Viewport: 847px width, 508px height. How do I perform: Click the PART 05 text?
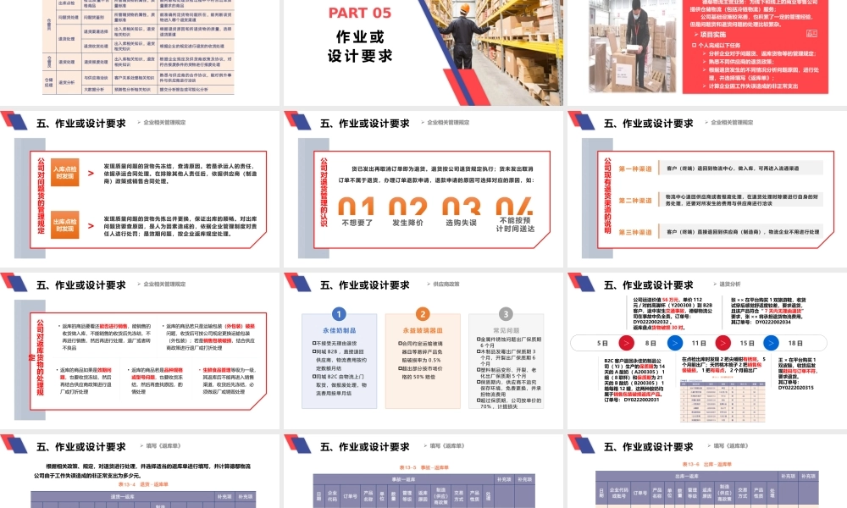click(x=359, y=12)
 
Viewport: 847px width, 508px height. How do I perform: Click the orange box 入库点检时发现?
click(x=65, y=174)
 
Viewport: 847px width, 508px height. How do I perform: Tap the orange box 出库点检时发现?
click(x=65, y=224)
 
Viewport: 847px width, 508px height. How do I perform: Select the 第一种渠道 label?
click(x=635, y=168)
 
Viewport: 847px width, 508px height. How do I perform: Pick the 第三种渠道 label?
click(x=635, y=231)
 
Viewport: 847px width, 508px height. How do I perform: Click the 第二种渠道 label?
click(x=635, y=200)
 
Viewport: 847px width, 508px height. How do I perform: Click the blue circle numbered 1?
click(x=339, y=313)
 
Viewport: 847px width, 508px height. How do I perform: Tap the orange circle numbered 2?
click(x=423, y=313)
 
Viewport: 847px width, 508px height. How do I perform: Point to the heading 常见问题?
click(x=507, y=330)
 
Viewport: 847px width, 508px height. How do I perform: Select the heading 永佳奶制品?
click(x=339, y=330)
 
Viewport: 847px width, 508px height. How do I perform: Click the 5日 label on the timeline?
click(x=602, y=343)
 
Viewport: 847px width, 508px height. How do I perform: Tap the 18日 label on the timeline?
click(x=795, y=343)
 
